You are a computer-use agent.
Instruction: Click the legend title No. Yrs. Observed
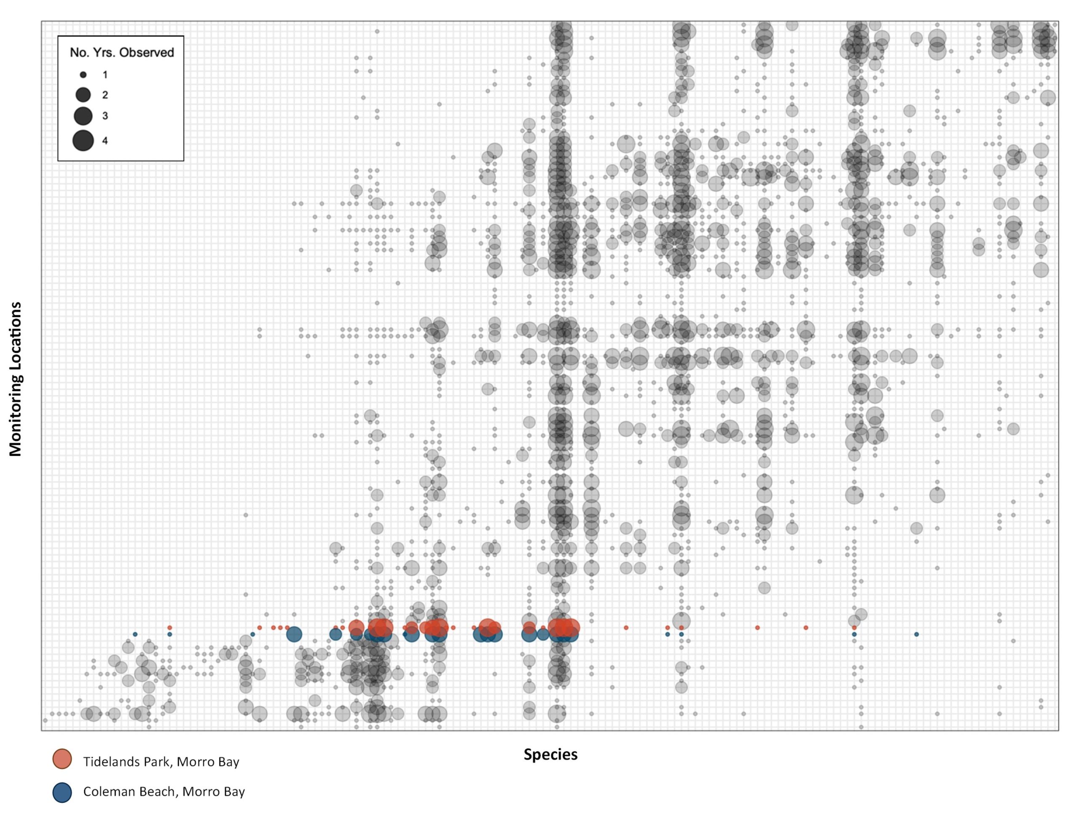coord(121,52)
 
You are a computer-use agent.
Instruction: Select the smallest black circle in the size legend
coord(83,75)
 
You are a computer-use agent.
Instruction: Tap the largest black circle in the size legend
coord(83,140)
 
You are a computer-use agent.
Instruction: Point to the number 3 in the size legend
coord(105,116)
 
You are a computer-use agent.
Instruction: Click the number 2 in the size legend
coord(105,95)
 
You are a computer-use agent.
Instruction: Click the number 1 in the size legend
coord(105,75)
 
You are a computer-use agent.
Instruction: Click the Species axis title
coord(550,755)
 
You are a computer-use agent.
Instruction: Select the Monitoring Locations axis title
coord(16,379)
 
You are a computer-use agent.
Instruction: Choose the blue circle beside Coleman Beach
coord(62,793)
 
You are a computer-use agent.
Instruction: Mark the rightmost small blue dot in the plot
coord(916,634)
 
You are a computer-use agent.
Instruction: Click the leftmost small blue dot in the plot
coord(135,634)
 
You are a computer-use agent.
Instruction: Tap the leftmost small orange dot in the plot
coord(169,628)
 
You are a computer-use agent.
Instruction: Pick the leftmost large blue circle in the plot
coord(294,634)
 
